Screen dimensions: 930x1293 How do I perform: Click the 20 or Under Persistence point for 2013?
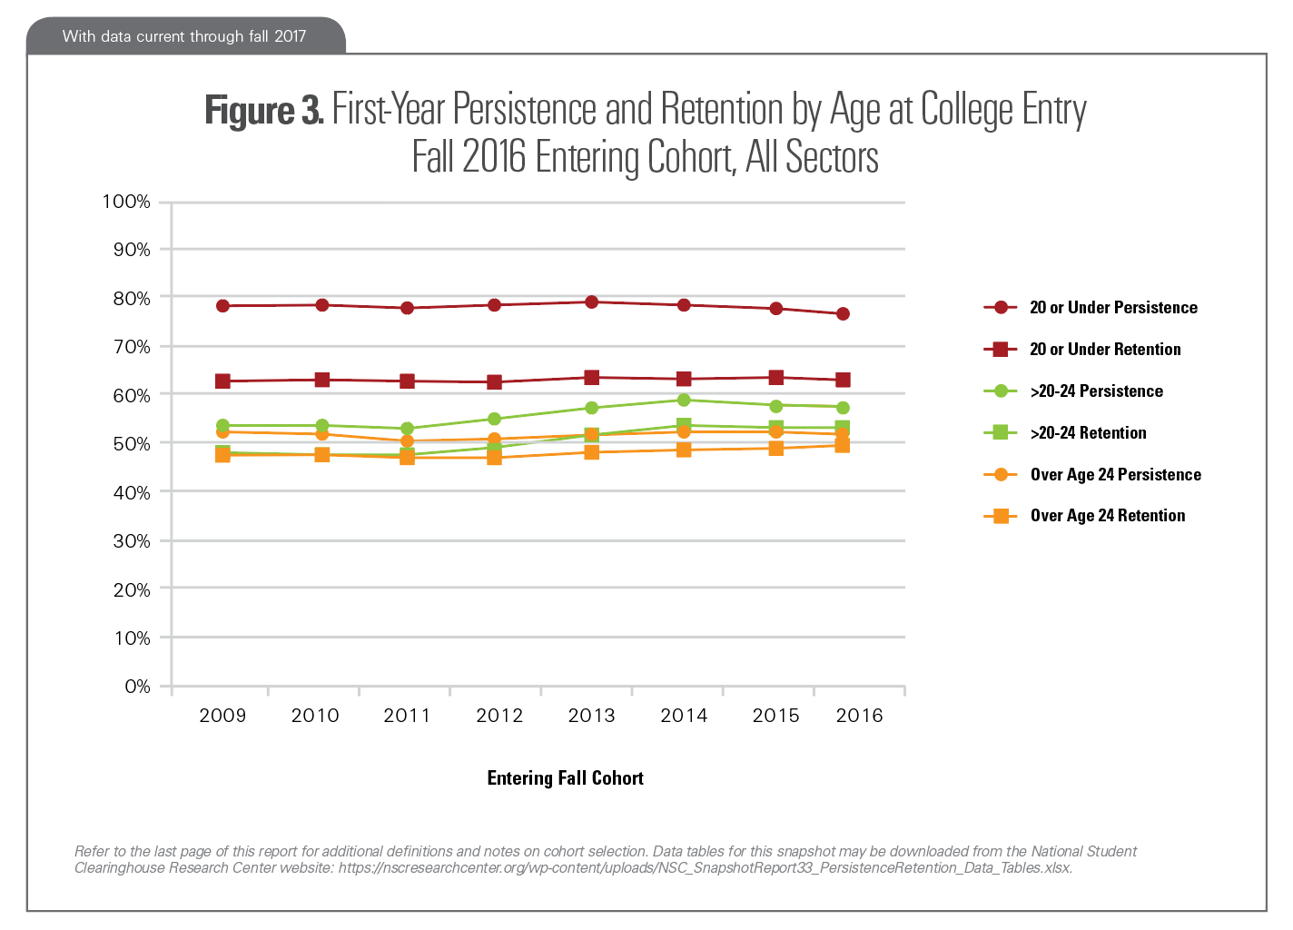click(591, 302)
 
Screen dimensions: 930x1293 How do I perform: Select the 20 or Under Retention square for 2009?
click(222, 381)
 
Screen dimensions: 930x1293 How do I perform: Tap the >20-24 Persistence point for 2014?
click(684, 401)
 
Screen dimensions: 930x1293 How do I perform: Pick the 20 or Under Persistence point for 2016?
click(843, 314)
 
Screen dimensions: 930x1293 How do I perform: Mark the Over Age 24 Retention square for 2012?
click(495, 458)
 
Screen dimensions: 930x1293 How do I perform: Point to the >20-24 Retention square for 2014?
click(684, 425)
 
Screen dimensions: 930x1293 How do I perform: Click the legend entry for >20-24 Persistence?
click(1096, 391)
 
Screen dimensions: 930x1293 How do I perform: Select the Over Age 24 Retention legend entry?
click(1107, 516)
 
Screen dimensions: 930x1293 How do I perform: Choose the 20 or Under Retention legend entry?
click(1105, 350)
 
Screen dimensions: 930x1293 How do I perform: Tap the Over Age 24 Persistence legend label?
click(1115, 475)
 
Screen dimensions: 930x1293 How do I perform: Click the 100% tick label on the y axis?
click(126, 202)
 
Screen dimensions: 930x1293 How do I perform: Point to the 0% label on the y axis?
click(137, 687)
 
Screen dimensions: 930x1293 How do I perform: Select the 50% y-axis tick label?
click(132, 444)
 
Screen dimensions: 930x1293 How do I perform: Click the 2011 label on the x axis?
click(407, 716)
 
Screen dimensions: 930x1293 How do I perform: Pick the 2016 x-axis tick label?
click(859, 716)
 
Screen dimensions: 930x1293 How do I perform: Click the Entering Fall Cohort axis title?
click(565, 778)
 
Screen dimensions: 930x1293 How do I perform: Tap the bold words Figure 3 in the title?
click(263, 111)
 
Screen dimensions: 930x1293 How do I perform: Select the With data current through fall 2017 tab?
click(184, 36)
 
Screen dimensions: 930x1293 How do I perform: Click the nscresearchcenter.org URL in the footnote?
click(706, 867)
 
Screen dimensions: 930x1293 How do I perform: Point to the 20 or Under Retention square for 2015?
click(776, 378)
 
